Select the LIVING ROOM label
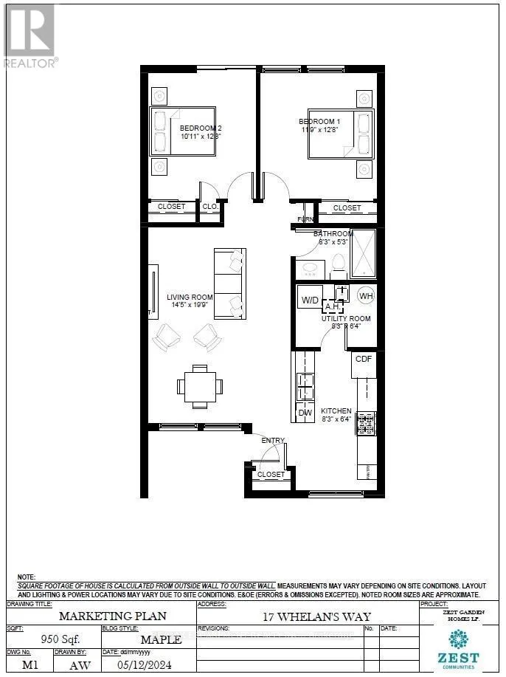pos(190,298)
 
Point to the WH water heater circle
pos(365,296)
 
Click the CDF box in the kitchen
pos(364,359)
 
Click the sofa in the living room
pos(229,284)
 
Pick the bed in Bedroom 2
pos(183,131)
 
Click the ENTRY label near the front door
pos(273,441)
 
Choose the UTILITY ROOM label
pos(346,318)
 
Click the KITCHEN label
pos(336,410)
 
